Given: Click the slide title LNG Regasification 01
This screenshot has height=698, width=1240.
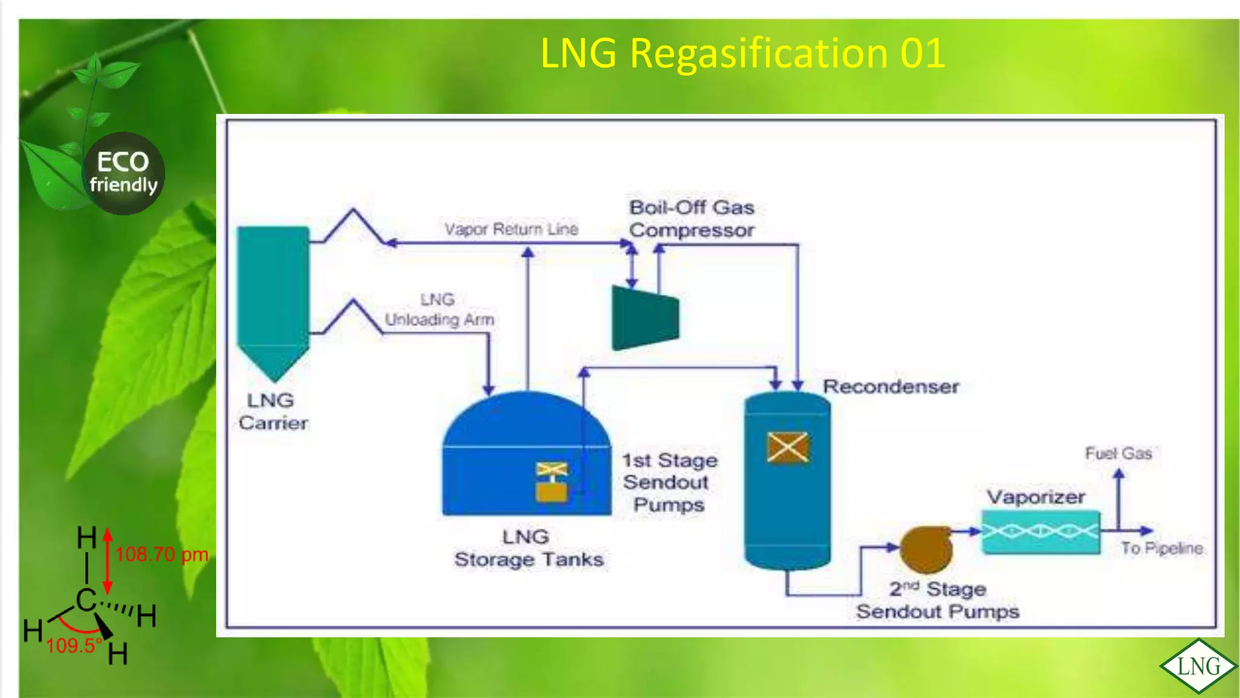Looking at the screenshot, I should [x=742, y=53].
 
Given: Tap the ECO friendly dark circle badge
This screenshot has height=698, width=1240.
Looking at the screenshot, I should [x=124, y=173].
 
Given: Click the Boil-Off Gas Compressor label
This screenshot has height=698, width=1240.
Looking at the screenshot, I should [x=691, y=219].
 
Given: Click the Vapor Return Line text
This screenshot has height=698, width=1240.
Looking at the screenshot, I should [x=511, y=229].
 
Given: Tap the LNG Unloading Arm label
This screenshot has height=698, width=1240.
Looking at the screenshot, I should [x=439, y=310].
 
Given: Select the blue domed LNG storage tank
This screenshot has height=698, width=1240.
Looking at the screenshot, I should [x=526, y=454].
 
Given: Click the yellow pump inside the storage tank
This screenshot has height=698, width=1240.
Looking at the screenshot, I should [x=552, y=483].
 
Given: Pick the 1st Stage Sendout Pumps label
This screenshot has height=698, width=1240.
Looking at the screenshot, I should [x=670, y=482].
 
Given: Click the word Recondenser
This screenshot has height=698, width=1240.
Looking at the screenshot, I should [x=891, y=387].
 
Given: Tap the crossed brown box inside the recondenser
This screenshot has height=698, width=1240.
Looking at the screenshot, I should [x=787, y=448].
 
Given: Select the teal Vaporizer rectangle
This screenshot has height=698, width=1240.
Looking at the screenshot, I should [x=1040, y=532].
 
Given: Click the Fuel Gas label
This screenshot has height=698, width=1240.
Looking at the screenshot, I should [x=1118, y=453].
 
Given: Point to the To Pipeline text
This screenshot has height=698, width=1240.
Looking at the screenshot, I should [x=1161, y=548].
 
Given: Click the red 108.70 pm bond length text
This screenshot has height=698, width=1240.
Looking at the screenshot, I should [x=162, y=554].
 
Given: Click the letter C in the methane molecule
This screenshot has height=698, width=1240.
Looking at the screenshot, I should [x=86, y=600].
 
